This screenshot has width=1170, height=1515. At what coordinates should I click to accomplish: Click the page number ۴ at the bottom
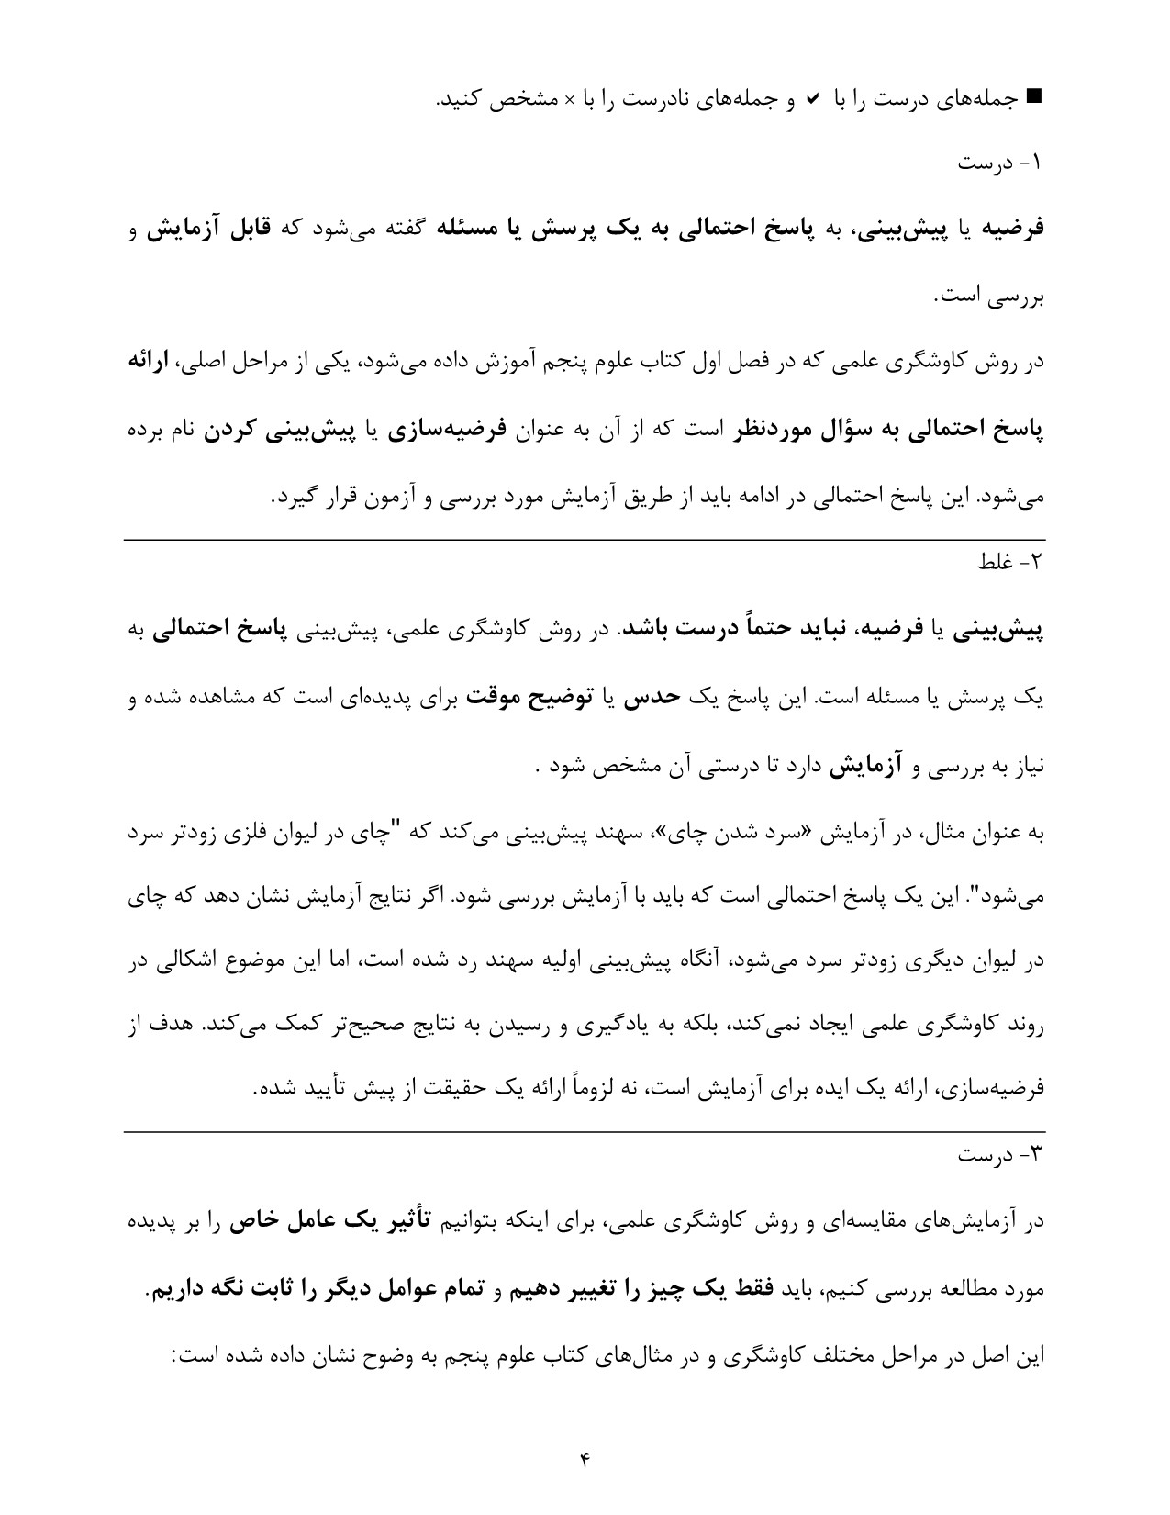click(x=585, y=1459)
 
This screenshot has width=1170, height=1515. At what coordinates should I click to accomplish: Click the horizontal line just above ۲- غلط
click(x=585, y=540)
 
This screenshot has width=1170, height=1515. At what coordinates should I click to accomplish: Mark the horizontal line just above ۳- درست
click(x=585, y=1132)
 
